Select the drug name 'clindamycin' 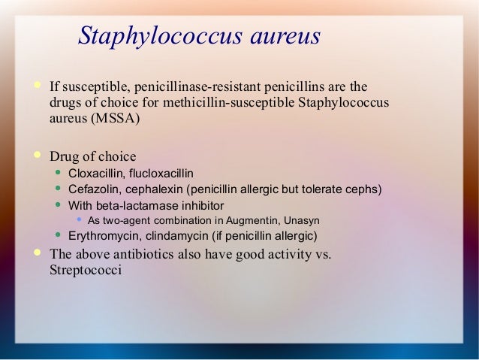173,236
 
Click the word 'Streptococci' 85,269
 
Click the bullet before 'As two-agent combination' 80,219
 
